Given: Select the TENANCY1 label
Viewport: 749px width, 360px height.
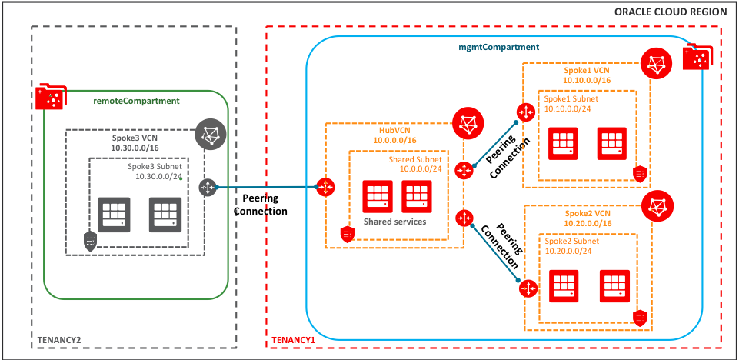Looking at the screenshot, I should tap(294, 339).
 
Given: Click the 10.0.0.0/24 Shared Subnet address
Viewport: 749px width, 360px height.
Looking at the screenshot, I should tap(421, 168).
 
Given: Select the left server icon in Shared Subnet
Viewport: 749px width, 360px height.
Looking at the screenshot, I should tap(378, 196).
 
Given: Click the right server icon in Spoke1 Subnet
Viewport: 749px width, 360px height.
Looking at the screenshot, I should tap(612, 144).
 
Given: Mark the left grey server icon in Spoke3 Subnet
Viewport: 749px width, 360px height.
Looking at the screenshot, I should tap(115, 212).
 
